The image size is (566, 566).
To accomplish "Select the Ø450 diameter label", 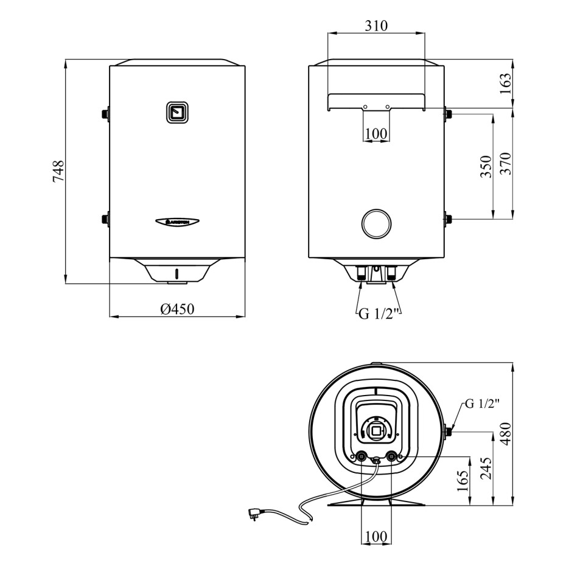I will click(177, 310).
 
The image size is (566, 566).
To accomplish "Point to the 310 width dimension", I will click(377, 26).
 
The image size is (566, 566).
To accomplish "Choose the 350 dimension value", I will click(485, 166).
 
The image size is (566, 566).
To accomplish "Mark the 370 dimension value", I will click(506, 164).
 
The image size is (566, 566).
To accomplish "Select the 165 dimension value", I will click(463, 481).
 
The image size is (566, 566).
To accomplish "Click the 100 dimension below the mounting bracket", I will click(376, 133).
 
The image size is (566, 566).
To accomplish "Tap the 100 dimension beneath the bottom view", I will click(377, 536).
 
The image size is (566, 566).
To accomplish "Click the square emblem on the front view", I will click(177, 112).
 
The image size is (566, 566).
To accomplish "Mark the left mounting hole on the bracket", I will click(365, 107).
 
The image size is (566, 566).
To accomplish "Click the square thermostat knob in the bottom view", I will click(377, 431).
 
